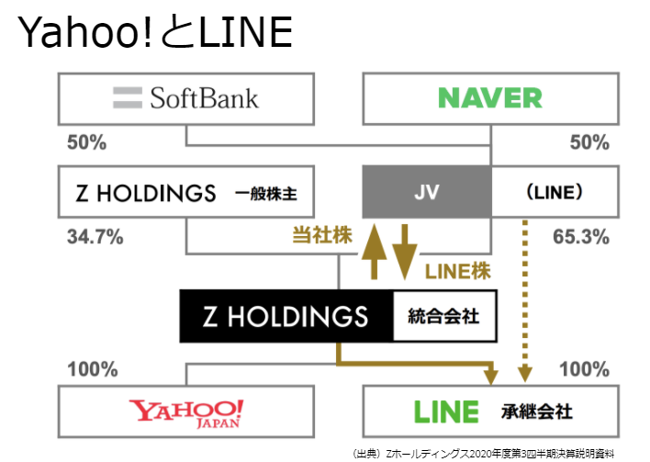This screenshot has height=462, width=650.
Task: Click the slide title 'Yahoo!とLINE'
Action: coord(154,33)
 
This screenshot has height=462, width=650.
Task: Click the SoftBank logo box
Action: coord(186,98)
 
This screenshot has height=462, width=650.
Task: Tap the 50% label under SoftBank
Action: coord(86,142)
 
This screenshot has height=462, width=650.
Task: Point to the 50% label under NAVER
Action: coord(588,142)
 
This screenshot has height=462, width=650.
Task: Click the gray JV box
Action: coord(427,193)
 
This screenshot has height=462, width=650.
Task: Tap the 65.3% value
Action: coord(581,237)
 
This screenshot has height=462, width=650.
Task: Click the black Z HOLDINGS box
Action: coord(286,317)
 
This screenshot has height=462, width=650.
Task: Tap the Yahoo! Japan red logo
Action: coord(186,411)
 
